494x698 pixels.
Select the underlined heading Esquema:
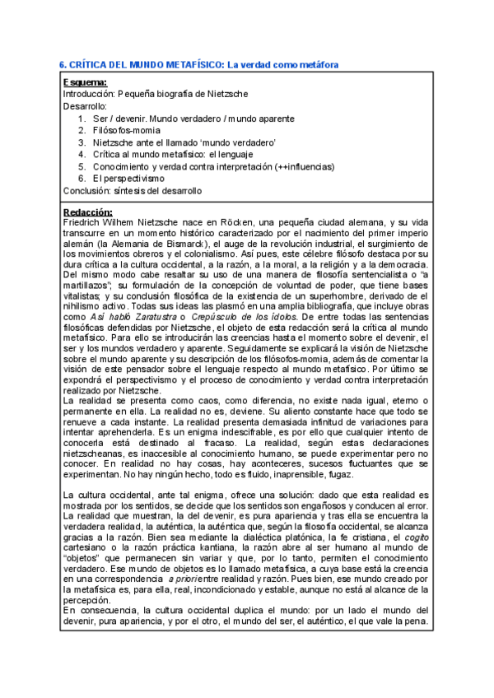(85, 83)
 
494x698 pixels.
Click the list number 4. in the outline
(82, 154)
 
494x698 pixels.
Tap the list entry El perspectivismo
(128, 178)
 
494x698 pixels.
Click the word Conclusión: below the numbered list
(87, 190)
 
